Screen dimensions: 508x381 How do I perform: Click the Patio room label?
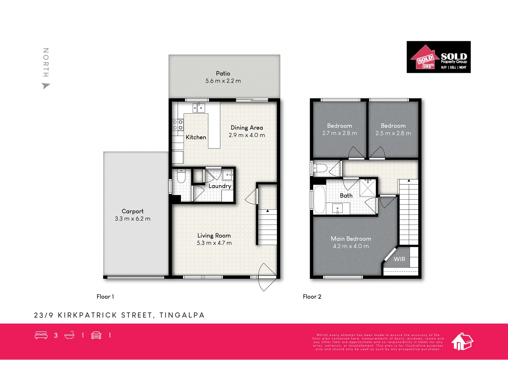point(223,73)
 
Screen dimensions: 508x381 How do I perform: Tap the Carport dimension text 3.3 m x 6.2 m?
point(133,219)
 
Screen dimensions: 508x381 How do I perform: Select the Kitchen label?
point(196,137)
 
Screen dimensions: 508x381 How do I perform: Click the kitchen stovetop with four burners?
point(178,125)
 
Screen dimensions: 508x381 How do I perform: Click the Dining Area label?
point(247,128)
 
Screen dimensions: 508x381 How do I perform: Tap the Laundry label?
point(220,186)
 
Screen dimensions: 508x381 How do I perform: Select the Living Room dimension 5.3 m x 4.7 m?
point(214,243)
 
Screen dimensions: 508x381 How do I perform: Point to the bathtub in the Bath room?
point(320,200)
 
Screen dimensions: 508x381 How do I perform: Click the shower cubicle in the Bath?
point(368,188)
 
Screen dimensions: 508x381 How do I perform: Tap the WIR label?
point(400,259)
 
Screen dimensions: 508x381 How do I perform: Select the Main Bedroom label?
point(351,239)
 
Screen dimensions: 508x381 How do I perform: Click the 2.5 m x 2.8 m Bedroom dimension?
point(393,133)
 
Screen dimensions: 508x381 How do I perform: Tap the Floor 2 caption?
point(312,297)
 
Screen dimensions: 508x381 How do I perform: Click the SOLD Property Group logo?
point(439,57)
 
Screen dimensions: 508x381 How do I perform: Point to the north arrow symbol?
point(46,86)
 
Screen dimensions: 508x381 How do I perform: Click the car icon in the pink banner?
point(96,335)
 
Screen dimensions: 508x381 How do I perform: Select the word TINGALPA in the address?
point(182,315)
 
